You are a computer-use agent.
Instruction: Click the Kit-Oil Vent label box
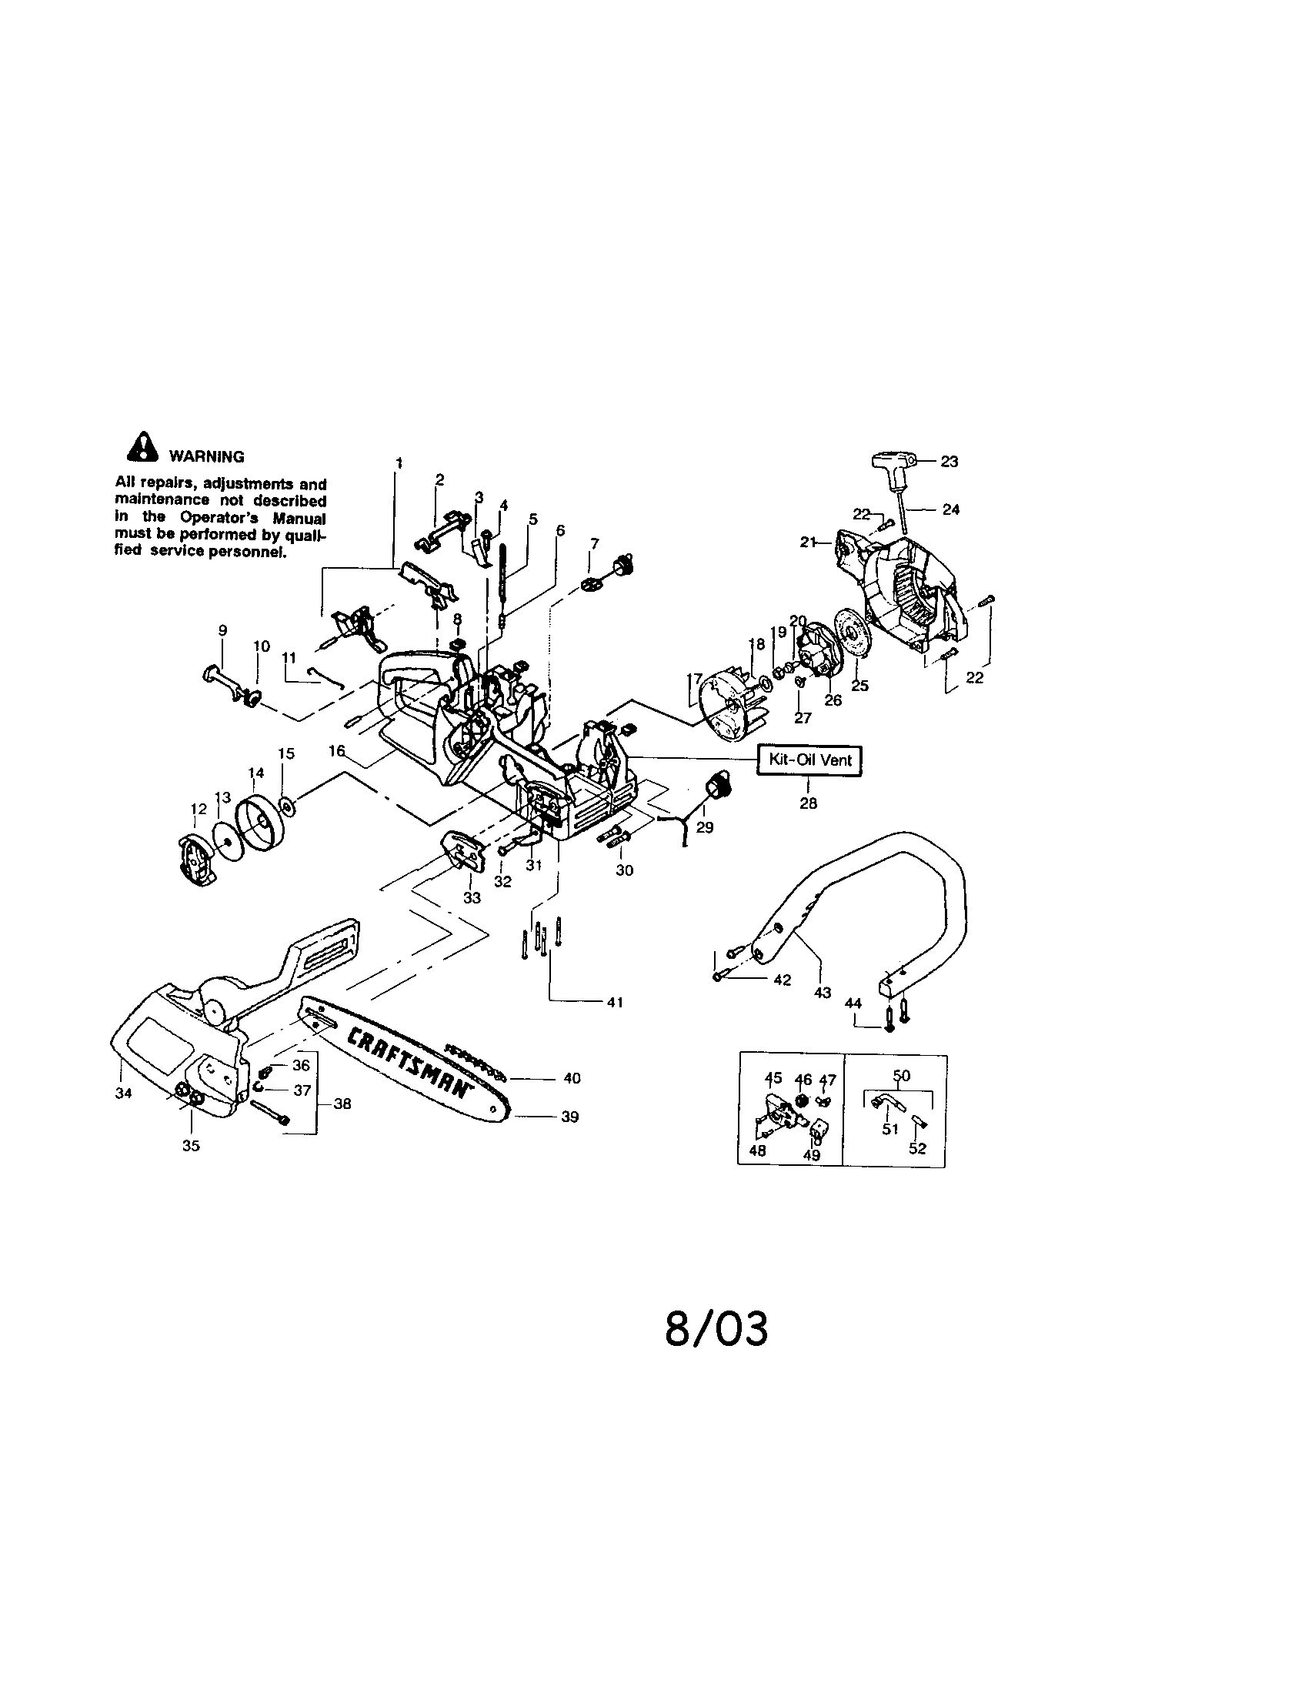(x=809, y=760)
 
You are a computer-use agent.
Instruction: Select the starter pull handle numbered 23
(x=895, y=464)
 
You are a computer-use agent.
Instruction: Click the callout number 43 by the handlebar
(x=823, y=992)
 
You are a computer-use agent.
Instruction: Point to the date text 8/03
(x=717, y=1329)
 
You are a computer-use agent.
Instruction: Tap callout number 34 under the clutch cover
(x=122, y=1094)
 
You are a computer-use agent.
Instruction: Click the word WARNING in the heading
(x=206, y=457)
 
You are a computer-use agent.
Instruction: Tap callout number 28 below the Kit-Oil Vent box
(x=808, y=803)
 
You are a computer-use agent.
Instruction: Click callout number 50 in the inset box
(x=901, y=1075)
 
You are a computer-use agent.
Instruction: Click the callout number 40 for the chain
(x=572, y=1078)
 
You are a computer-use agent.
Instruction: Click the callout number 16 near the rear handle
(x=336, y=750)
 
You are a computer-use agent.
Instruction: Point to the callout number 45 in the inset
(x=773, y=1078)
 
